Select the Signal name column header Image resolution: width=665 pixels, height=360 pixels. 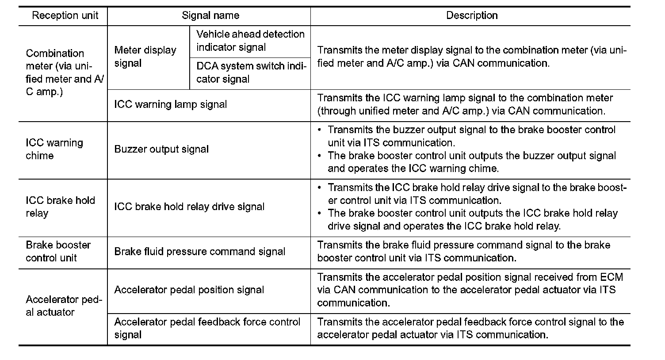pos(210,16)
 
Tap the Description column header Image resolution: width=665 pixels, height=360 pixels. pos(472,16)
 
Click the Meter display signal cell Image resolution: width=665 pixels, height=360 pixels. pos(145,57)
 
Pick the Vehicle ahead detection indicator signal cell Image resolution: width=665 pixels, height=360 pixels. pos(250,41)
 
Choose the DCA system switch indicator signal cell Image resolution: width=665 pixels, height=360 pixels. pos(250,73)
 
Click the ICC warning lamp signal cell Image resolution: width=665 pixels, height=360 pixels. pos(170,105)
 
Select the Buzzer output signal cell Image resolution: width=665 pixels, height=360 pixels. pos(161,149)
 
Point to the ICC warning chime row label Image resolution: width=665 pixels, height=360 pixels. pos(54,149)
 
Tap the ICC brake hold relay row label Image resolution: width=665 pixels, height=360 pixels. pos(60,207)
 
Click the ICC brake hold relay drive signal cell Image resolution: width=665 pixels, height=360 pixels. pos(189,207)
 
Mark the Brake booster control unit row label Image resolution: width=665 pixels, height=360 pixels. pos(58,252)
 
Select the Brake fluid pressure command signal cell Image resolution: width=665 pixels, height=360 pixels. pos(200,252)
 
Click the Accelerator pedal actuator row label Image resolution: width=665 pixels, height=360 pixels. pos(64,306)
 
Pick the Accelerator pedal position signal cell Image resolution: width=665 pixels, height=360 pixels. pos(189,290)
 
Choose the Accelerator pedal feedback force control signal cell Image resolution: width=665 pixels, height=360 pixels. pos(207,328)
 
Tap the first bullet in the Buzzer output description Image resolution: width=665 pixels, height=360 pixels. pos(320,130)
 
